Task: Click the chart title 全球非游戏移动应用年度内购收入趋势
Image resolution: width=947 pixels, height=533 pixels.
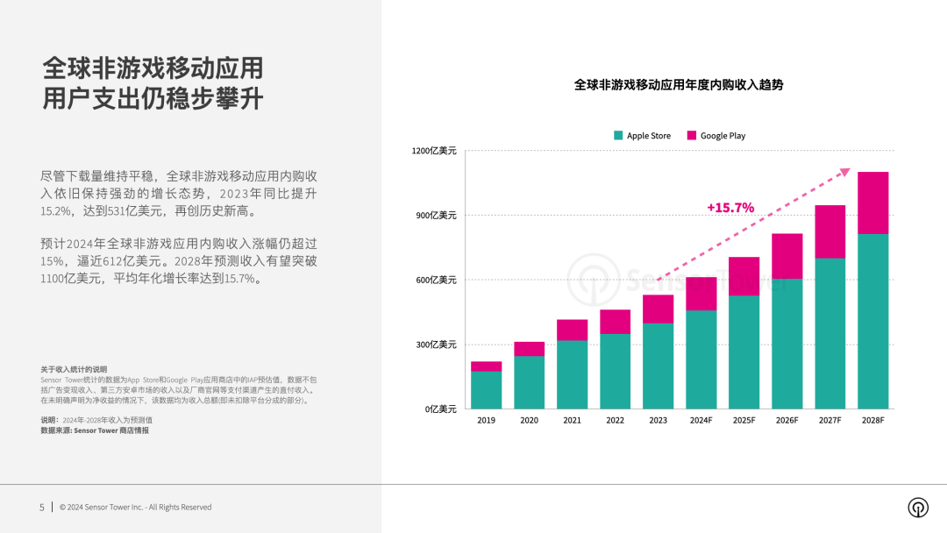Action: tap(678, 85)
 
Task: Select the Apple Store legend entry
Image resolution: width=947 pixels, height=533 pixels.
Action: tap(643, 136)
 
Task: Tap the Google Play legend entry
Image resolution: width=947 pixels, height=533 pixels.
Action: tap(716, 136)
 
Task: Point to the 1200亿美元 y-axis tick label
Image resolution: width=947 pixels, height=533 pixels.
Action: tap(434, 151)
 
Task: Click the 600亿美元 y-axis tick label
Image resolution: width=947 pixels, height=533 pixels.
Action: tap(436, 281)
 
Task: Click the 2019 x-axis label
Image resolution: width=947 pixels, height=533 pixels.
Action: tap(486, 421)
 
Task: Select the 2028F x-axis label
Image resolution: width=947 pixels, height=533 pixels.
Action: tap(872, 421)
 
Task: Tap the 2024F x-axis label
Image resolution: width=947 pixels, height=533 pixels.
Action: tap(701, 421)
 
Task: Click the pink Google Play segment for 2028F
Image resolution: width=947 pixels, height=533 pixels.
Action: tap(872, 203)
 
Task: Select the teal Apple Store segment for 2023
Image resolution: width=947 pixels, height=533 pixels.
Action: tap(658, 366)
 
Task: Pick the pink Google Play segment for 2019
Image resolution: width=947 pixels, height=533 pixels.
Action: tap(486, 366)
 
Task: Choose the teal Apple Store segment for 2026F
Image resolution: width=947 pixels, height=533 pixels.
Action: tap(787, 344)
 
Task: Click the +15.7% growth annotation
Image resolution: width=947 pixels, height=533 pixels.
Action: tap(730, 208)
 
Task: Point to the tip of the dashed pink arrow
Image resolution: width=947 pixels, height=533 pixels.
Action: tap(850, 169)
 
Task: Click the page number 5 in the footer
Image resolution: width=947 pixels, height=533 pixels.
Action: tap(41, 508)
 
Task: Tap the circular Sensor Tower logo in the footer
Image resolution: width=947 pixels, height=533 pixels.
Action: tap(918, 508)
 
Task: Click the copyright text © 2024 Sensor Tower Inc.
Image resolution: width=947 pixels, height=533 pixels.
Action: tap(135, 508)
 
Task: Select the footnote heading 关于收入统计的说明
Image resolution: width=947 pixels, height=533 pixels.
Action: tap(74, 369)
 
